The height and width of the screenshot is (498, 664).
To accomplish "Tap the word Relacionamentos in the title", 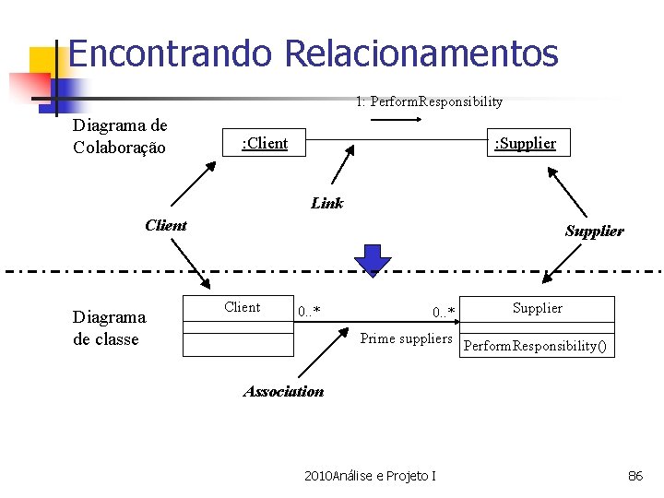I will pyautogui.click(x=421, y=53).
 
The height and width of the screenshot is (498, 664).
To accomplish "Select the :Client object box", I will pyautogui.click(x=264, y=143).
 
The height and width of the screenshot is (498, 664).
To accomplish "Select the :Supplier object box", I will pyautogui.click(x=525, y=143).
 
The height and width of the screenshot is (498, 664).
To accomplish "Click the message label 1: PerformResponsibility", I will pyautogui.click(x=429, y=101).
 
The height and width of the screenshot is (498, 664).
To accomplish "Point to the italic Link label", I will pyautogui.click(x=326, y=203).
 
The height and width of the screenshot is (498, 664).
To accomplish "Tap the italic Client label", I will pyautogui.click(x=166, y=225).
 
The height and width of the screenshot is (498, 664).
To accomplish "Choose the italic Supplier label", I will pyautogui.click(x=594, y=231).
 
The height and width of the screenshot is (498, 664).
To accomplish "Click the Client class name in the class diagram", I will pyautogui.click(x=243, y=307).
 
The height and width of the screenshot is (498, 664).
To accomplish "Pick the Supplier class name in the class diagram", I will pyautogui.click(x=537, y=308).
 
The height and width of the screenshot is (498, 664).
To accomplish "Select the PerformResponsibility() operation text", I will pyautogui.click(x=536, y=347).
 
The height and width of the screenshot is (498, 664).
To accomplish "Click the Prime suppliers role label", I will pyautogui.click(x=406, y=338).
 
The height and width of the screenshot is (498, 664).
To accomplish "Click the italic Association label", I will pyautogui.click(x=283, y=391).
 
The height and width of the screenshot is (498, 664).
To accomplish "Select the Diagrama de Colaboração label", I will pyautogui.click(x=120, y=136).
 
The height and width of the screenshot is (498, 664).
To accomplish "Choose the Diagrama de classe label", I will pyautogui.click(x=109, y=328).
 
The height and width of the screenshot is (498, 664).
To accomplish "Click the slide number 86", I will pyautogui.click(x=635, y=476).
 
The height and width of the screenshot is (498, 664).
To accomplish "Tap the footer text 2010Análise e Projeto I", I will pyautogui.click(x=370, y=476).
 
